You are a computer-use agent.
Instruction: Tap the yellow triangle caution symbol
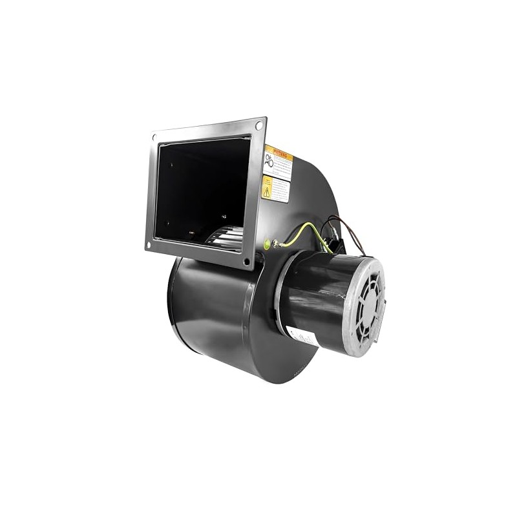(266, 191)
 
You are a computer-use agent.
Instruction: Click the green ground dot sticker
(267, 244)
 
